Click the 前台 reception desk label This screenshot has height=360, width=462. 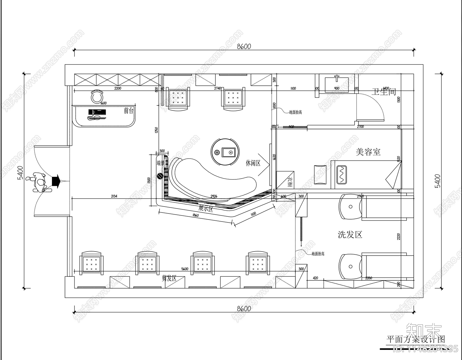[x=129, y=110]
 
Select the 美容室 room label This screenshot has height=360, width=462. [x=368, y=152]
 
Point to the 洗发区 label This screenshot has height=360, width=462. [x=350, y=235]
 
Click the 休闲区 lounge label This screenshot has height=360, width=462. [x=253, y=163]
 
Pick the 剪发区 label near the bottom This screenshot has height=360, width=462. [x=169, y=278]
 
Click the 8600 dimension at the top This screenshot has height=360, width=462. [x=244, y=46]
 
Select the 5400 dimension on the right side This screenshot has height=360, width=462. [x=438, y=181]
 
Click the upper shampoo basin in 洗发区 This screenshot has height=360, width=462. [x=350, y=207]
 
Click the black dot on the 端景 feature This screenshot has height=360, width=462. [x=160, y=176]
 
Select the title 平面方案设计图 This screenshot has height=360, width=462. [x=416, y=339]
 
